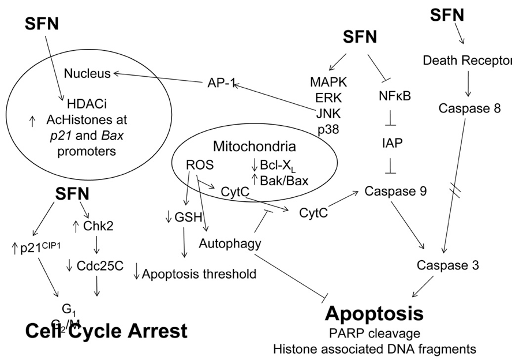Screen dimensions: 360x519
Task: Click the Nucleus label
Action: click(87, 73)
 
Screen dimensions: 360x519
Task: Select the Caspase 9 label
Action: click(396, 191)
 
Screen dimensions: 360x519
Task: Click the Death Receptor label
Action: click(468, 61)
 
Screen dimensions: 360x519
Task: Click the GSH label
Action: click(189, 217)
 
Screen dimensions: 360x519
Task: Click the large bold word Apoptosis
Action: click(375, 313)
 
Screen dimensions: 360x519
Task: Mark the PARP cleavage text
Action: click(375, 334)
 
